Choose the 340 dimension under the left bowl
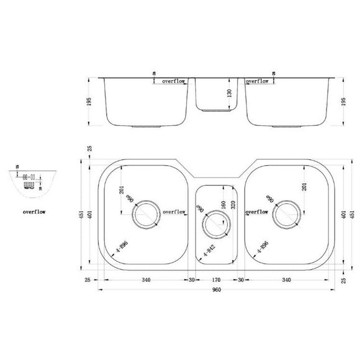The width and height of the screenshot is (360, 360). [x=146, y=279]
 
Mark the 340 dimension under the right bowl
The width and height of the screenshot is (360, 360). [x=286, y=279]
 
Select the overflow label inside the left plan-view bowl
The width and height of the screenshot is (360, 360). [x=175, y=212]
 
